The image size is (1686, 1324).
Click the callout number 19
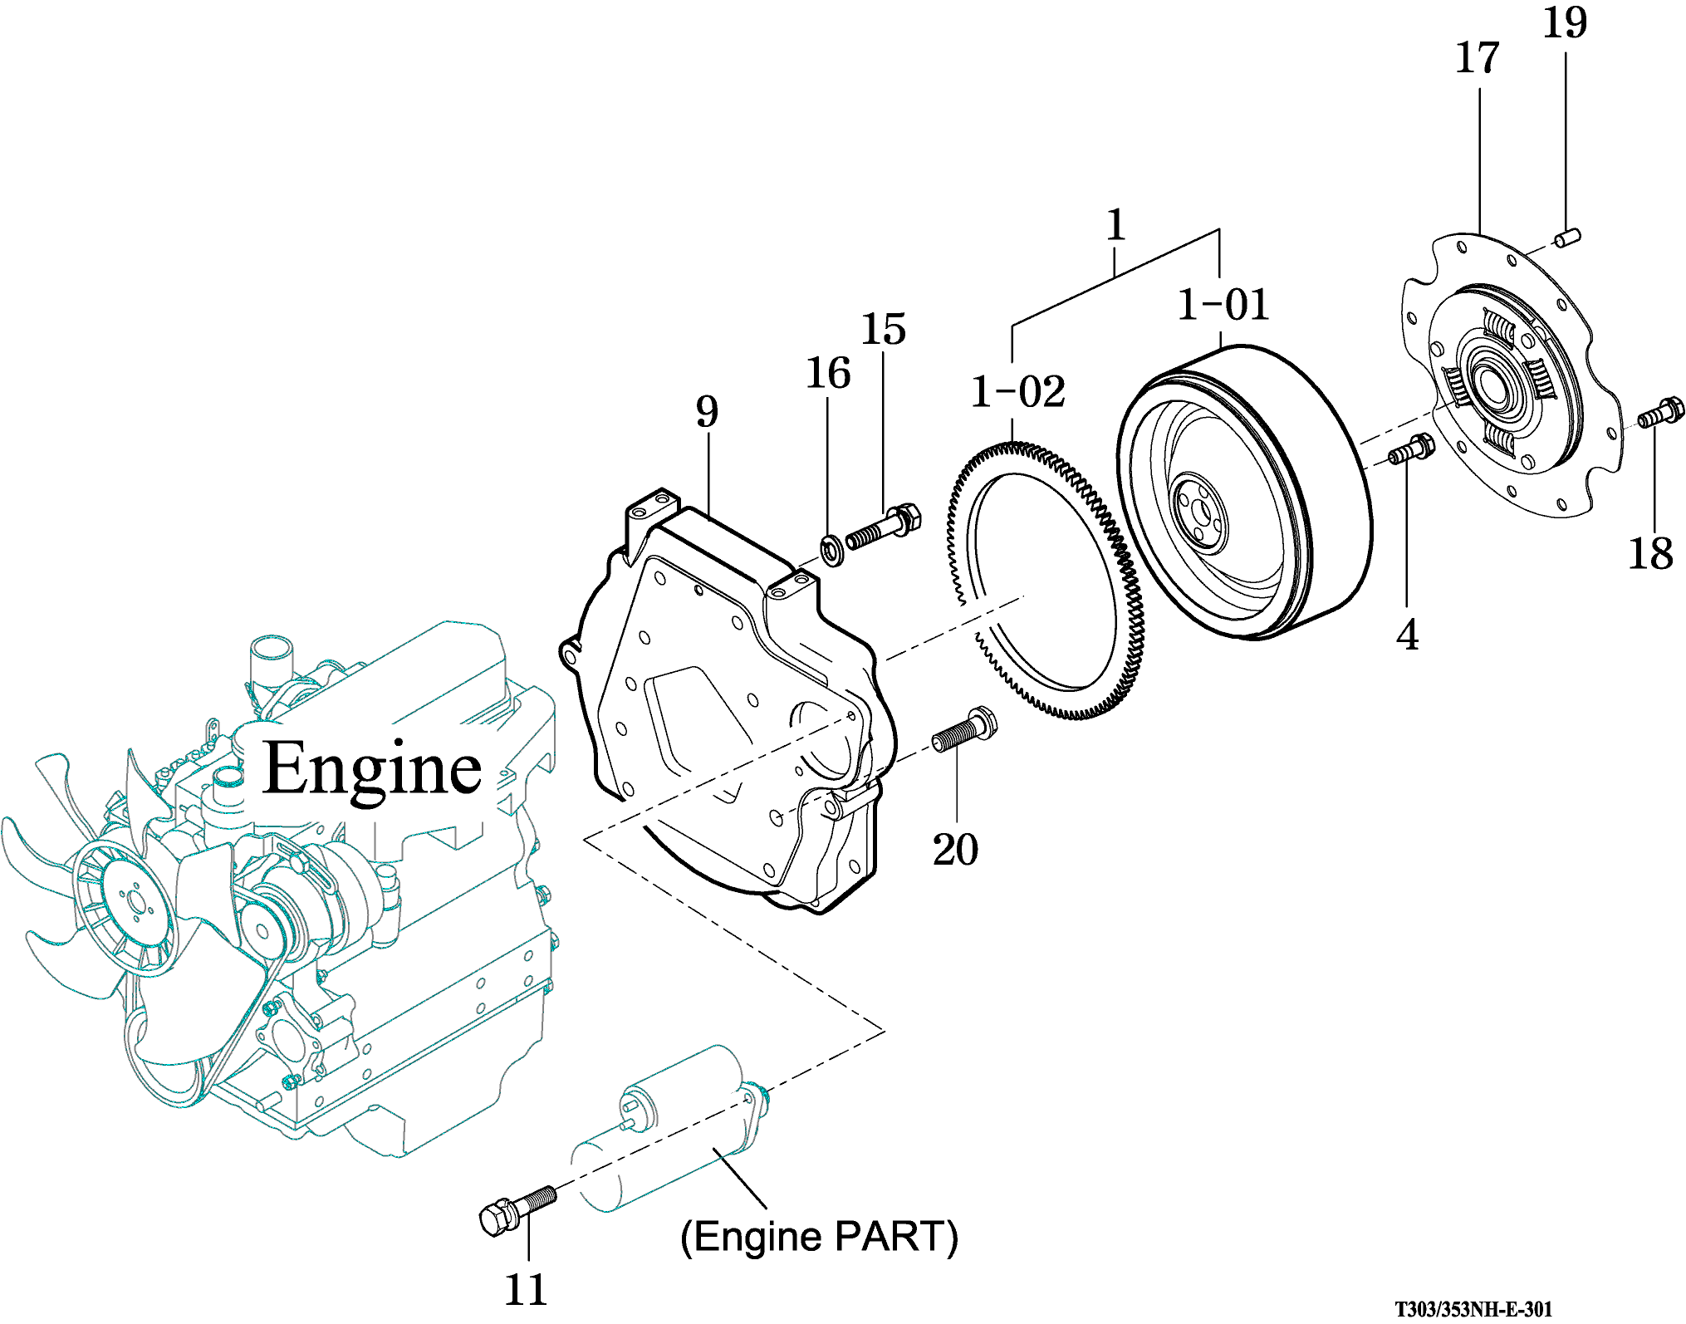[1565, 23]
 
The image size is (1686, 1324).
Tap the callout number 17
[1478, 59]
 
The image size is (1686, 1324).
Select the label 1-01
[1223, 305]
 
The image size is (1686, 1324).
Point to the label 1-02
[1017, 392]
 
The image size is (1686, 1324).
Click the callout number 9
[707, 412]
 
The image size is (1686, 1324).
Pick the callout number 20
[955, 850]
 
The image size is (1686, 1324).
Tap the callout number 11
[526, 1290]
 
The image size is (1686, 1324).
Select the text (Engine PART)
[819, 1237]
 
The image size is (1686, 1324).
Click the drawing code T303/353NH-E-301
[1473, 1310]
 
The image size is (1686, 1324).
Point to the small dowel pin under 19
[1566, 238]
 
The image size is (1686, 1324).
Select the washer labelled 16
[831, 550]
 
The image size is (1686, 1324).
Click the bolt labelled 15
[883, 527]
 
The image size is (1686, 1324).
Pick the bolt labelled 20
[963, 731]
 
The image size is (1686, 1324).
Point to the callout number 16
[828, 373]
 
